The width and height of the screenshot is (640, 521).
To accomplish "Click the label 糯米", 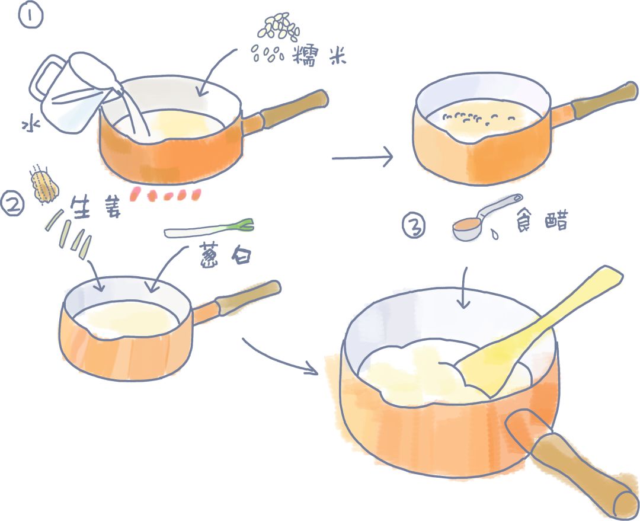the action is tap(319, 56).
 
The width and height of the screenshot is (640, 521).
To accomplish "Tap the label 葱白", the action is tap(225, 256).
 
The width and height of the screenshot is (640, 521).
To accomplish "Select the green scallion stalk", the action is tap(209, 229).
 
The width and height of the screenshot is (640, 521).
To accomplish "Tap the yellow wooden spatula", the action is tap(539, 331).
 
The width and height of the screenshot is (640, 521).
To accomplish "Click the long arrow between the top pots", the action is tap(363, 157).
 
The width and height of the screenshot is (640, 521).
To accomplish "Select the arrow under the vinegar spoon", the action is tap(464, 288).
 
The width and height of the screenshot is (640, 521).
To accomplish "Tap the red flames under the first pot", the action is tap(165, 194).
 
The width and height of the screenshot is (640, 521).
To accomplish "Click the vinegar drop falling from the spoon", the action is tap(494, 234).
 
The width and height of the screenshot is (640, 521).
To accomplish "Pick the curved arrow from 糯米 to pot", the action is tap(215, 70).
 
